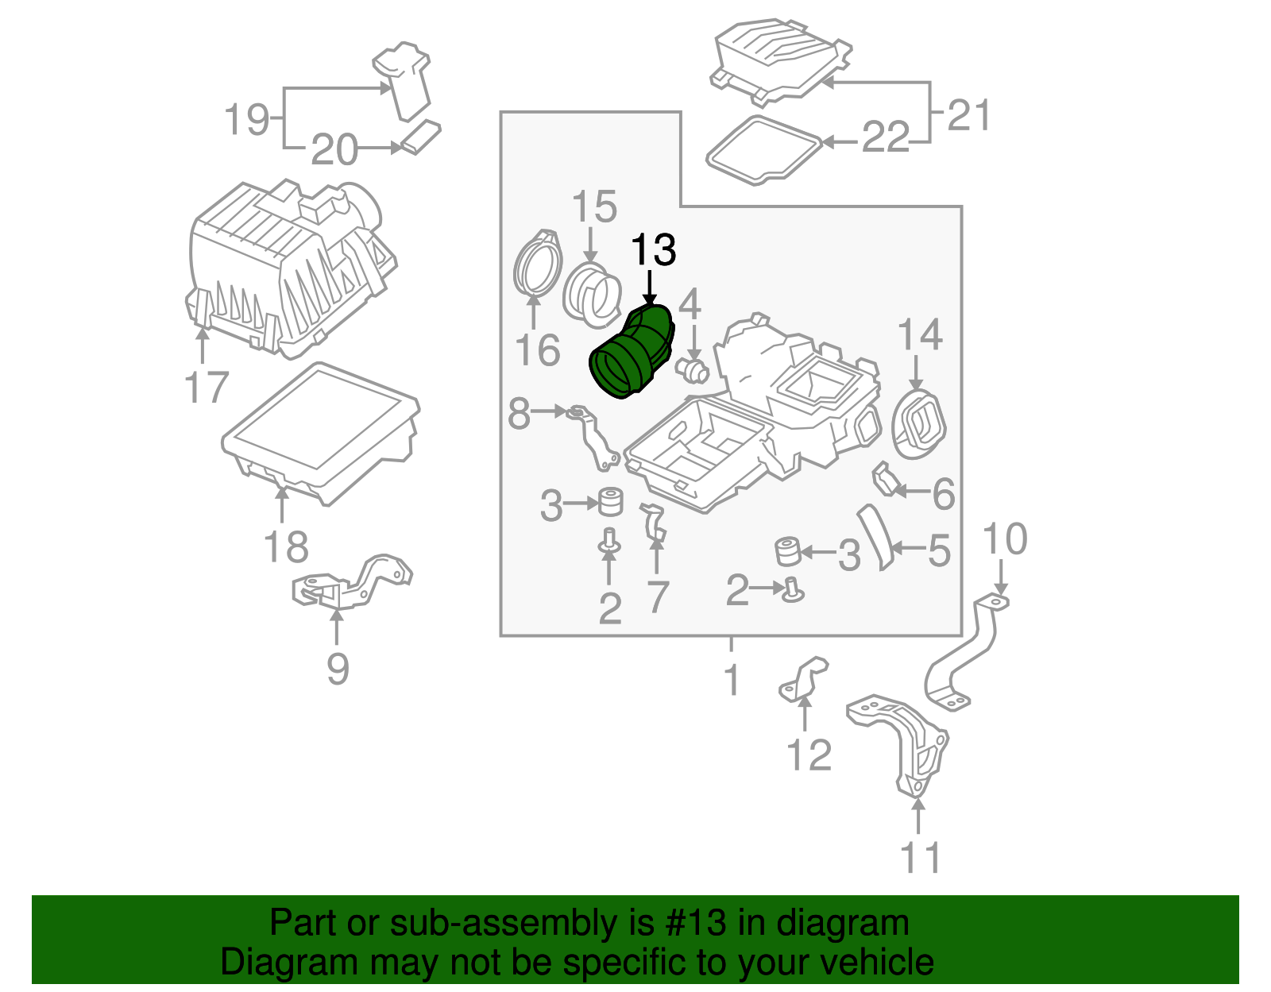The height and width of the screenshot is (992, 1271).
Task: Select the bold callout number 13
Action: tap(652, 251)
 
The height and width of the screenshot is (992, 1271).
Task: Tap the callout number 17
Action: tap(206, 388)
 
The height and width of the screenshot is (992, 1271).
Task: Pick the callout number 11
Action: tap(920, 859)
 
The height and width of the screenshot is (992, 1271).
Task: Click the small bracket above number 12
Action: tap(803, 680)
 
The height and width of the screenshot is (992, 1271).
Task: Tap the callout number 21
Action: tap(969, 116)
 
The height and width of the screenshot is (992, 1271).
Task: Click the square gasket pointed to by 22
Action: tap(763, 150)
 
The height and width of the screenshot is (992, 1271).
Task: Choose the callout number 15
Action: tap(594, 207)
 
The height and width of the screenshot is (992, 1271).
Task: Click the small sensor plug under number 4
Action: tap(692, 369)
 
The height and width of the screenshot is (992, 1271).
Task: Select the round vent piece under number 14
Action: tap(918, 423)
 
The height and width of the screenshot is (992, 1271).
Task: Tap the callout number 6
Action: tap(943, 494)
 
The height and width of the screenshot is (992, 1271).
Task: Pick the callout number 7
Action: tap(657, 597)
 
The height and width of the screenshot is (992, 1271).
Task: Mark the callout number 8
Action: tap(519, 414)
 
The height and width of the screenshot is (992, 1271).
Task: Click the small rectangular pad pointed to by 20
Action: tap(420, 137)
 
